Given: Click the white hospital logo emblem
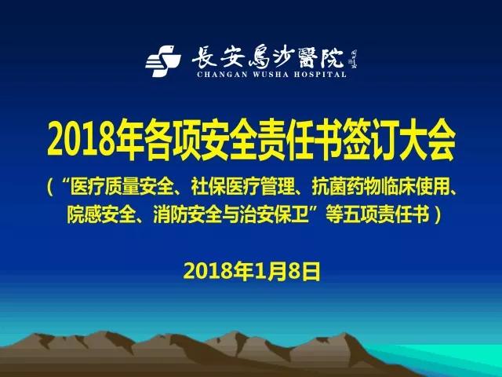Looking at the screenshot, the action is [163, 61].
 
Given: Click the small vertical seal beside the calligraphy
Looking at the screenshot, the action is [354, 60].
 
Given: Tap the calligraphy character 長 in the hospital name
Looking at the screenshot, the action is [205, 57].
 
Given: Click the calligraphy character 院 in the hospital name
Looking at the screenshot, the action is [332, 58].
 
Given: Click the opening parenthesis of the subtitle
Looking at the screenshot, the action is [50, 187].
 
